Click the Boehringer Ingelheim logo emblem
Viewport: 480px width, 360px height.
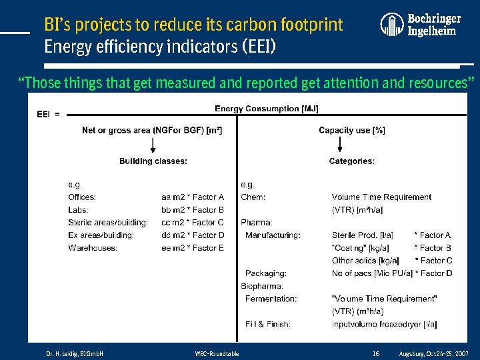pyautogui.click(x=392, y=25)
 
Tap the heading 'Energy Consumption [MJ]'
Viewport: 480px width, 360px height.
pyautogui.click(x=266, y=109)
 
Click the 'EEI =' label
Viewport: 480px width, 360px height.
pyautogui.click(x=48, y=114)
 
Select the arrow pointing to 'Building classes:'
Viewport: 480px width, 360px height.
pyautogui.click(x=153, y=145)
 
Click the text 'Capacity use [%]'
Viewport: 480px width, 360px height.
pyautogui.click(x=351, y=130)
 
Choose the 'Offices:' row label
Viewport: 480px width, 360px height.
pyautogui.click(x=82, y=197)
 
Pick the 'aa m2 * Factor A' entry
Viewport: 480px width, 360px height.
pyautogui.click(x=193, y=197)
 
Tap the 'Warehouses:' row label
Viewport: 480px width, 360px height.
pyautogui.click(x=93, y=248)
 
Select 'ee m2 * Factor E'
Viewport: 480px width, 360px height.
pyautogui.click(x=193, y=248)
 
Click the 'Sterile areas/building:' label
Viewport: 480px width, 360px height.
pyautogui.click(x=108, y=223)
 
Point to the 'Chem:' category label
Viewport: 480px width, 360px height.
pyautogui.click(x=253, y=197)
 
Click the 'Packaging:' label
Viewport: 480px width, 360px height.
pyautogui.click(x=265, y=273)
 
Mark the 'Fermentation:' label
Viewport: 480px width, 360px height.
pyautogui.click(x=271, y=299)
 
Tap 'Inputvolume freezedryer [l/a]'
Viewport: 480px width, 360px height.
pyautogui.click(x=384, y=324)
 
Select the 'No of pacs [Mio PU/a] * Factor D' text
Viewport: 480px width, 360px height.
pyautogui.click(x=392, y=273)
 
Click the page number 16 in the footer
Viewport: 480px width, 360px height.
pyautogui.click(x=376, y=353)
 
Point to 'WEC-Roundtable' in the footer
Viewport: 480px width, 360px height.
pyautogui.click(x=217, y=353)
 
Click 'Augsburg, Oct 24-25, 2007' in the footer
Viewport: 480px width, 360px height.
pyautogui.click(x=433, y=353)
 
